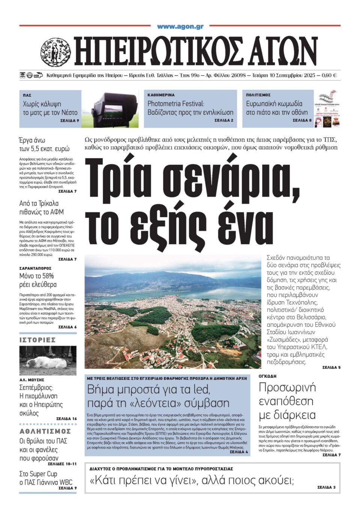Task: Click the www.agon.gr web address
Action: pos(180,27)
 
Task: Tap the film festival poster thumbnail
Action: pos(327,108)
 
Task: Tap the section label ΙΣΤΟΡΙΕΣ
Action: pos(37,340)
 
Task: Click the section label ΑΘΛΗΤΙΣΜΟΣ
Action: pos(45,431)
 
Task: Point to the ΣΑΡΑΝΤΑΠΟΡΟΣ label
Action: pos(35,268)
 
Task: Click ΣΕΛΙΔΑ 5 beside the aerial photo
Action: pos(331,367)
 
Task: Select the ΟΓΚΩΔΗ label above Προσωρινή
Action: pos(267,376)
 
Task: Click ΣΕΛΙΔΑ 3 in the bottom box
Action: pos(326,487)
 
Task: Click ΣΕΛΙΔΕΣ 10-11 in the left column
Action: pos(62,464)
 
